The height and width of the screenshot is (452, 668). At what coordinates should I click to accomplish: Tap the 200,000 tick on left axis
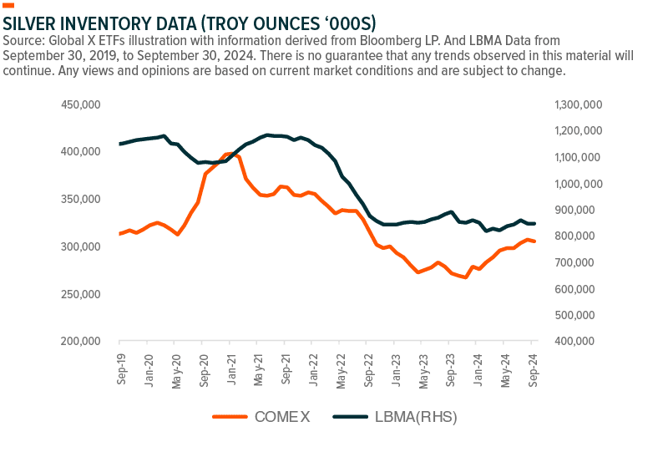(x=80, y=342)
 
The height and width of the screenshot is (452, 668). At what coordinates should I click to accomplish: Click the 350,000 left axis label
(x=80, y=200)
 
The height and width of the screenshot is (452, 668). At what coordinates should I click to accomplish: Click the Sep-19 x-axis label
(x=122, y=368)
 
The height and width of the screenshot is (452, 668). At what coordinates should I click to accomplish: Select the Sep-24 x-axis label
(x=533, y=368)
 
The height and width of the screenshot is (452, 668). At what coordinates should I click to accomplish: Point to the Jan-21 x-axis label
(x=231, y=368)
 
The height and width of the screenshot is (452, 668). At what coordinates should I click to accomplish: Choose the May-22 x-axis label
(x=341, y=368)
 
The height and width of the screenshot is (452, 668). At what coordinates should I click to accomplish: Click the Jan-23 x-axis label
(x=396, y=368)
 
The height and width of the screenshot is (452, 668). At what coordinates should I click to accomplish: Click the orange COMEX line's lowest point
(x=464, y=277)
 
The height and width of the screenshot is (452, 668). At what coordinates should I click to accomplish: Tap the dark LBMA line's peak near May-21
(x=267, y=134)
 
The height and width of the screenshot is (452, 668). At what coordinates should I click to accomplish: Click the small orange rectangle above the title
(x=9, y=5)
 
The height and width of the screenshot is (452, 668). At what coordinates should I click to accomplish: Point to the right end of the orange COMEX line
(x=534, y=241)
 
